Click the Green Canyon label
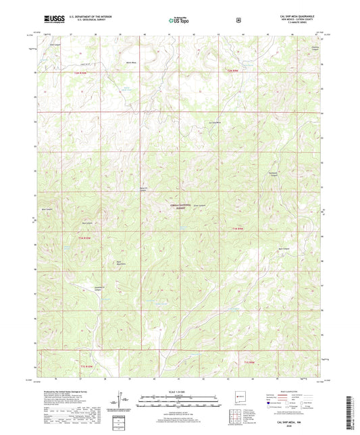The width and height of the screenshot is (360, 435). click(200, 205)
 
